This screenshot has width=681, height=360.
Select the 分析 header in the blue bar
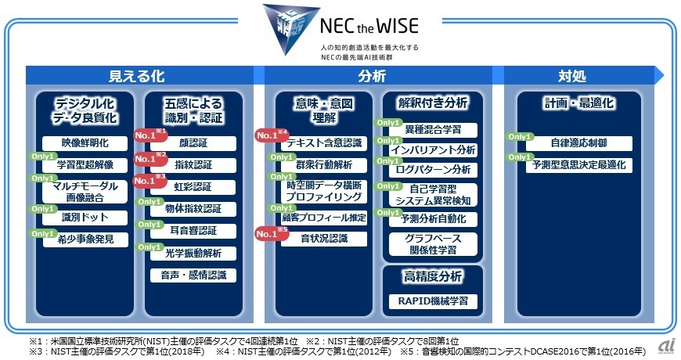pyautogui.click(x=372, y=75)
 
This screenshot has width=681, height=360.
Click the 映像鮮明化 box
pyautogui.click(x=85, y=143)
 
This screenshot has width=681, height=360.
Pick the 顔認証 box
pyautogui.click(x=193, y=143)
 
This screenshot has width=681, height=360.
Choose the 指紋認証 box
pyautogui.click(x=193, y=165)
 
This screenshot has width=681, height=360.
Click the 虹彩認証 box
pyautogui.click(x=193, y=187)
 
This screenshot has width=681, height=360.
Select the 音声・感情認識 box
pyautogui.click(x=193, y=275)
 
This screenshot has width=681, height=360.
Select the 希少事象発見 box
pyautogui.click(x=85, y=239)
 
